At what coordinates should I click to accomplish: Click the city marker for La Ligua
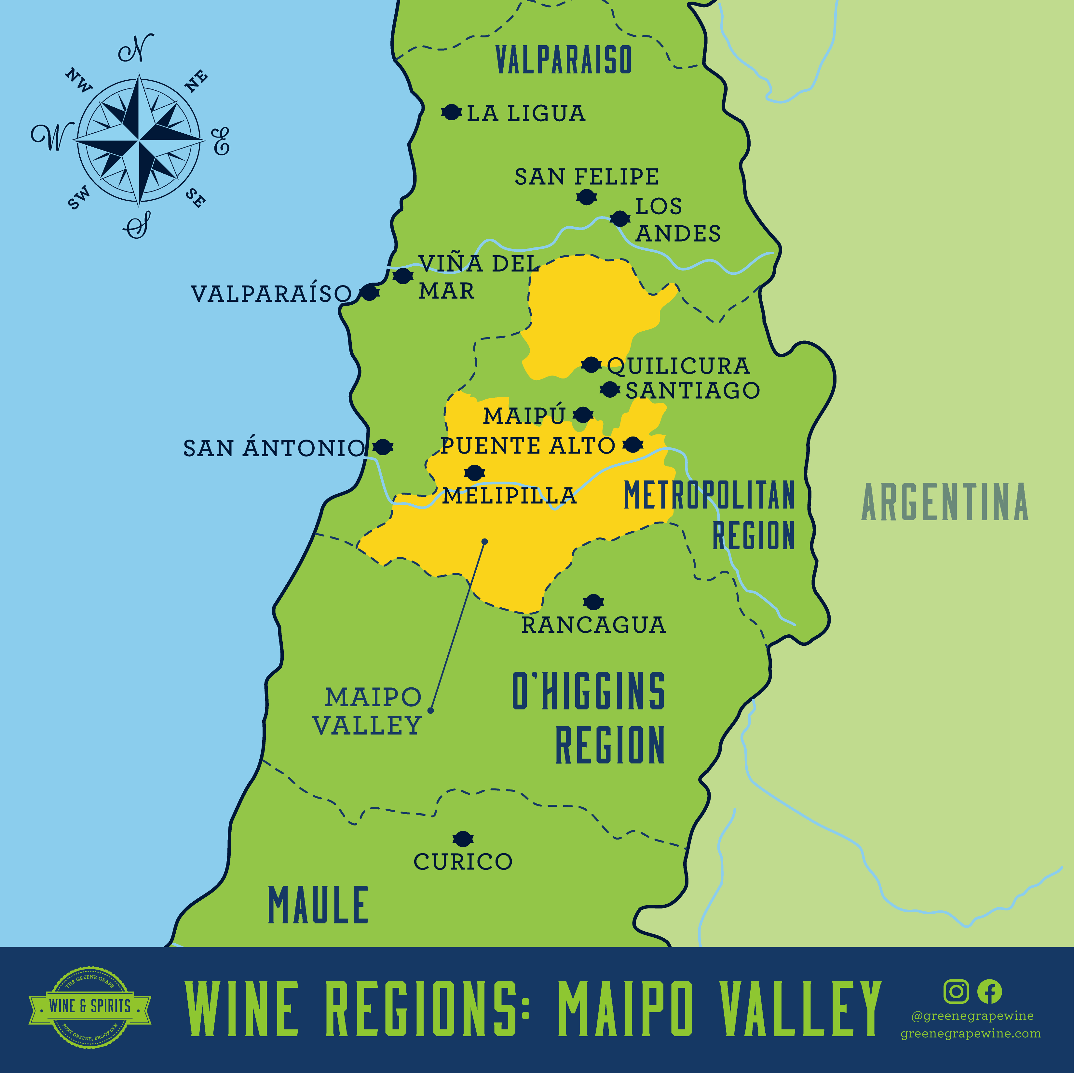[x=451, y=112]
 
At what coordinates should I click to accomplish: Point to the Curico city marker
[x=463, y=839]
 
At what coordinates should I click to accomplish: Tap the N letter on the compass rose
[x=136, y=49]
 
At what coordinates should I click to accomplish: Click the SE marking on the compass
[x=195, y=197]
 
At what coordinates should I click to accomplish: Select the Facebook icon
[x=989, y=991]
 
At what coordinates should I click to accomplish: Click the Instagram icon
[x=956, y=991]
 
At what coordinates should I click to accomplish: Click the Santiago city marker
[x=610, y=390]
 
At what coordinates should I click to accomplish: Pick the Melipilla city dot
[x=474, y=473]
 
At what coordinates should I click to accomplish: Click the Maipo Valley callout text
[x=367, y=711]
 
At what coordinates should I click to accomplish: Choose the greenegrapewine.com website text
[x=971, y=1034]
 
